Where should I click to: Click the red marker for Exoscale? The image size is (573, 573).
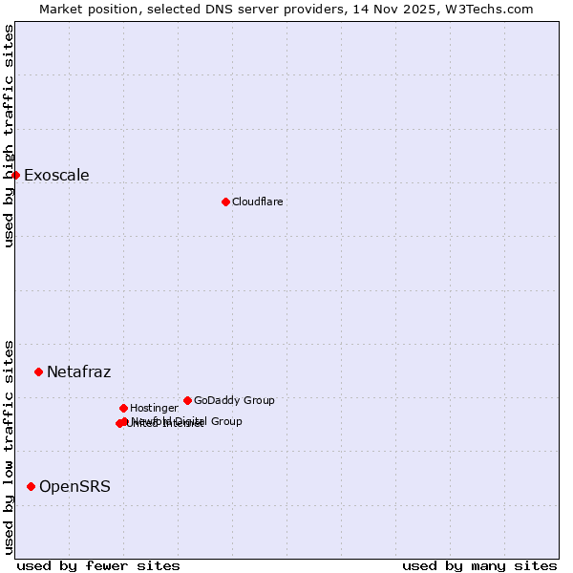(x=15, y=175)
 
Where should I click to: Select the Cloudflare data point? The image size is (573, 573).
(x=225, y=202)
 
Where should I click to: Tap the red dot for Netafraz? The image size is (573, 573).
(x=38, y=371)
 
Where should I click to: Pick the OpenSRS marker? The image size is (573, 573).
(x=31, y=486)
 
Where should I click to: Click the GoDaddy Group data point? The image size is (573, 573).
(x=187, y=400)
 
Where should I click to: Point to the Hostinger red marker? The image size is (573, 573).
(x=123, y=408)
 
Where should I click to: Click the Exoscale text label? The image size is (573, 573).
(x=56, y=175)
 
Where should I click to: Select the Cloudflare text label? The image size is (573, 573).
(x=257, y=202)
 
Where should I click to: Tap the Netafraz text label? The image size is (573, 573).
(x=78, y=371)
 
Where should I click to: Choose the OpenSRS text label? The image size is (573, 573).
(x=74, y=486)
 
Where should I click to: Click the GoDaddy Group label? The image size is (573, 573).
(x=234, y=400)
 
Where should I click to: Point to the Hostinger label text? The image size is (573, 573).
(x=154, y=408)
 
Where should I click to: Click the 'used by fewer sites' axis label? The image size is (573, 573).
(x=98, y=565)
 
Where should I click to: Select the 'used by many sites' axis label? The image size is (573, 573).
(x=479, y=565)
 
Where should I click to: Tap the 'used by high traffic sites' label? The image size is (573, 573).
(x=9, y=136)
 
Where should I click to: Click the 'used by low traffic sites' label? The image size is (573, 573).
(x=9, y=446)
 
